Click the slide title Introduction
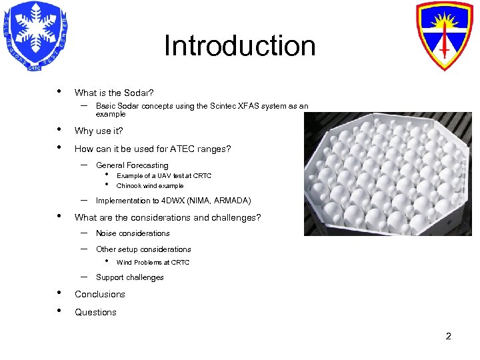point(239,46)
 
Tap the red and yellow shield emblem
point(443,36)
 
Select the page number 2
point(448,336)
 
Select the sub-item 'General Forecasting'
point(132,165)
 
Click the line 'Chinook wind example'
point(150,186)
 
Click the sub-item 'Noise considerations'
point(133,233)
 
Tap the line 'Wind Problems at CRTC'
point(153,263)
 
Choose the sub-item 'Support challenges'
point(129,277)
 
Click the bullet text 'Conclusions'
point(100,294)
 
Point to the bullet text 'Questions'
point(95,312)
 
